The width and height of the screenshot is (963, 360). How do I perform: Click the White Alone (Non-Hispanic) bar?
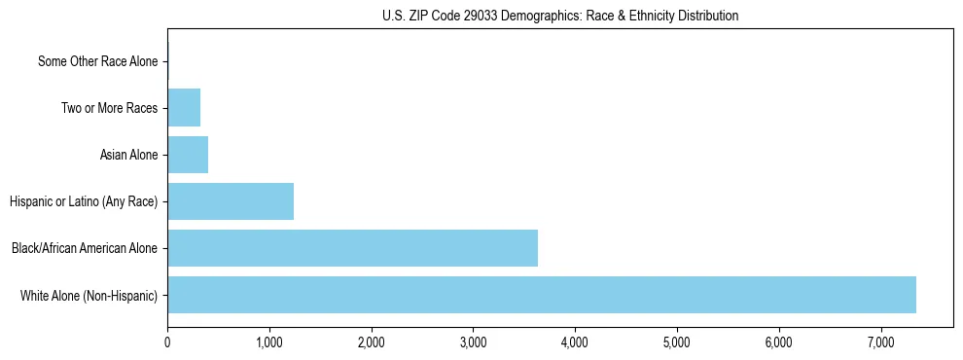pyautogui.click(x=542, y=295)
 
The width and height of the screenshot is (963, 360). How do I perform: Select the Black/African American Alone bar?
pyautogui.click(x=352, y=248)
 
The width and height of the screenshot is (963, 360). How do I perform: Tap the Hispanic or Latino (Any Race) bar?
pyautogui.click(x=231, y=201)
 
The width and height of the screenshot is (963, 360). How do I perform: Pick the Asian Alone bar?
pyautogui.click(x=188, y=155)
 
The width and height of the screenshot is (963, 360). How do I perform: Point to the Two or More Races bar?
pyautogui.click(x=184, y=108)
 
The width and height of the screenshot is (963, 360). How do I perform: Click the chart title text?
pyautogui.click(x=560, y=16)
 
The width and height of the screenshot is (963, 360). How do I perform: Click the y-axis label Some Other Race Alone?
pyautogui.click(x=97, y=62)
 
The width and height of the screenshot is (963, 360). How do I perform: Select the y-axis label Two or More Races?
pyautogui.click(x=109, y=108)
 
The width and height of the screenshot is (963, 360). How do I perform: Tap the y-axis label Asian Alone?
pyautogui.click(x=128, y=155)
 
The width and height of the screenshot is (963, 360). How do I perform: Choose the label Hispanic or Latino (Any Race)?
pyautogui.click(x=84, y=201)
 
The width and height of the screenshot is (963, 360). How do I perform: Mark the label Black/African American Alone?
pyautogui.click(x=85, y=248)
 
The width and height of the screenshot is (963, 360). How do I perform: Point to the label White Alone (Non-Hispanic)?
pyautogui.click(x=89, y=295)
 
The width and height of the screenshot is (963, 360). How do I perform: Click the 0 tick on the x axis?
pyautogui.click(x=167, y=342)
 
